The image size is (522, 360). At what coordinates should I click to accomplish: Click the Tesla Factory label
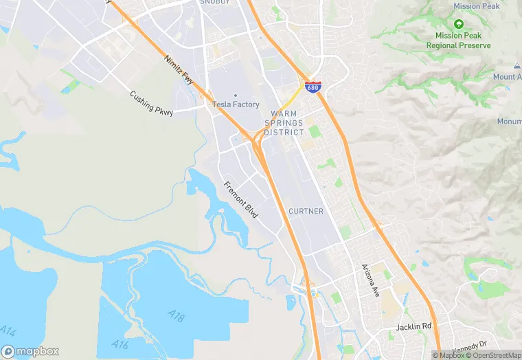[x=236, y=104]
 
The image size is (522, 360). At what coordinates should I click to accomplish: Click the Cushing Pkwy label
[x=151, y=104]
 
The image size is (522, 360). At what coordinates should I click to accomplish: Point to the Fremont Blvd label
[x=240, y=199]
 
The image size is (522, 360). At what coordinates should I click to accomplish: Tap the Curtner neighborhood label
[x=306, y=211]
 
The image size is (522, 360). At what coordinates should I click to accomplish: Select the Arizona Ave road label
[x=372, y=279]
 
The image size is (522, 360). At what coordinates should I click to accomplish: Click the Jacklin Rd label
[x=413, y=328]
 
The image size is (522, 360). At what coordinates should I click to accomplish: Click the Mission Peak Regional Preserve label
[x=458, y=41]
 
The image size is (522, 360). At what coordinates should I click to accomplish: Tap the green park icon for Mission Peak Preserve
[x=458, y=24]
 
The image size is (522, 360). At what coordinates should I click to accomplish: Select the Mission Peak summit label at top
[x=477, y=6]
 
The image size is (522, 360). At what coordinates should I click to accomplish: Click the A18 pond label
[x=177, y=315]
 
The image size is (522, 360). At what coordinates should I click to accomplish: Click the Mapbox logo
[x=30, y=350]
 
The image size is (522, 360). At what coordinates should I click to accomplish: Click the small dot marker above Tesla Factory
[x=236, y=95]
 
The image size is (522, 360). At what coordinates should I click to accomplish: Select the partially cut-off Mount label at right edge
[x=508, y=77]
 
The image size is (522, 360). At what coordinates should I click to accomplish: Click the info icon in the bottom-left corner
[x=8, y=332]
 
